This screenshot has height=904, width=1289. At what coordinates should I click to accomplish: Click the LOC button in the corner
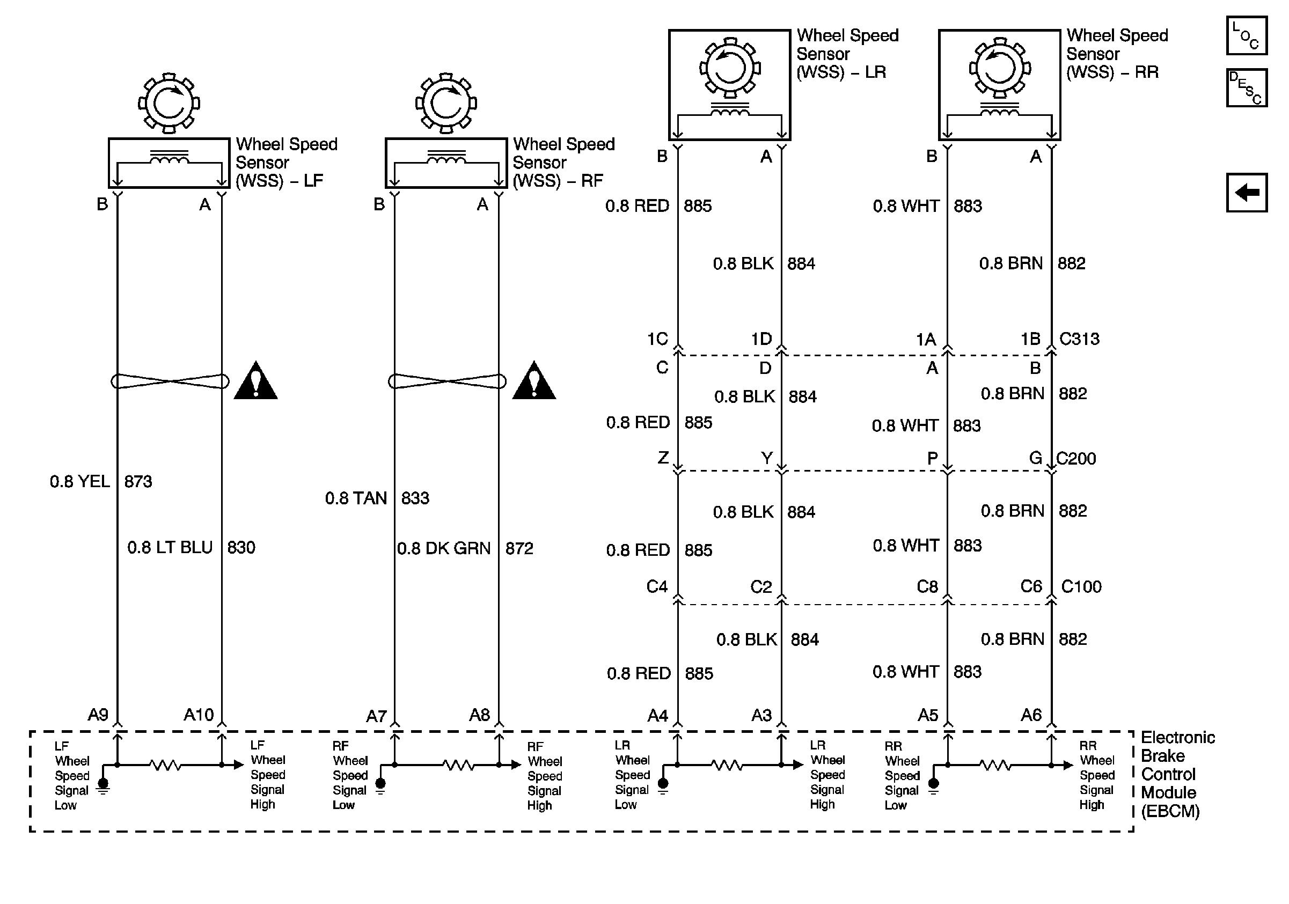tap(1246, 36)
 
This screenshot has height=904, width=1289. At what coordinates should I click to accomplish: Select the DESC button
tap(1246, 87)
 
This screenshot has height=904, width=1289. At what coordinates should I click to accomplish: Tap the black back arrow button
tap(1246, 193)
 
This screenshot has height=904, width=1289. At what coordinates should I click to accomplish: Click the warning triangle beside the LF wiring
tap(255, 381)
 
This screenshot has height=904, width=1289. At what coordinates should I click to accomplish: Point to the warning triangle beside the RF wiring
tap(534, 381)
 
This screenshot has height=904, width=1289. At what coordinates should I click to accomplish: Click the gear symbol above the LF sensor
tap(169, 103)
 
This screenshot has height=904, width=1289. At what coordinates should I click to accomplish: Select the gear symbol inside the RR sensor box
tap(999, 69)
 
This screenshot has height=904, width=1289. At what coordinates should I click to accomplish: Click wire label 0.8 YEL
tap(80, 481)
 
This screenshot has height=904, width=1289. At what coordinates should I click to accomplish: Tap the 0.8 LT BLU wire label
tap(170, 547)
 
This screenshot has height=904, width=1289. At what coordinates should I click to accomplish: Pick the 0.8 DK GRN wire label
tap(443, 548)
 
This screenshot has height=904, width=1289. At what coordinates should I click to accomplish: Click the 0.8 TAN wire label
tap(356, 498)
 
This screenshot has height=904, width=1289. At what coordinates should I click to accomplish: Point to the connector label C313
tap(1079, 339)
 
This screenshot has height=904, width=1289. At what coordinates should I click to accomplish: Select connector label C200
tap(1075, 459)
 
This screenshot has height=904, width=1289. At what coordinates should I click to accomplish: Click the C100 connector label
tap(1081, 586)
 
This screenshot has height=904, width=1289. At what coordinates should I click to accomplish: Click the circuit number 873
tap(138, 481)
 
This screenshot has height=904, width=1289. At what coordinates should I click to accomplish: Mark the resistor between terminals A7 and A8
tap(458, 765)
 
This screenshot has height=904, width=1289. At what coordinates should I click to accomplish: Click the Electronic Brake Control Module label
tap(1177, 774)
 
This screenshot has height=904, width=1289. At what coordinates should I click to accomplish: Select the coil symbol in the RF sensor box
tap(446, 159)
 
